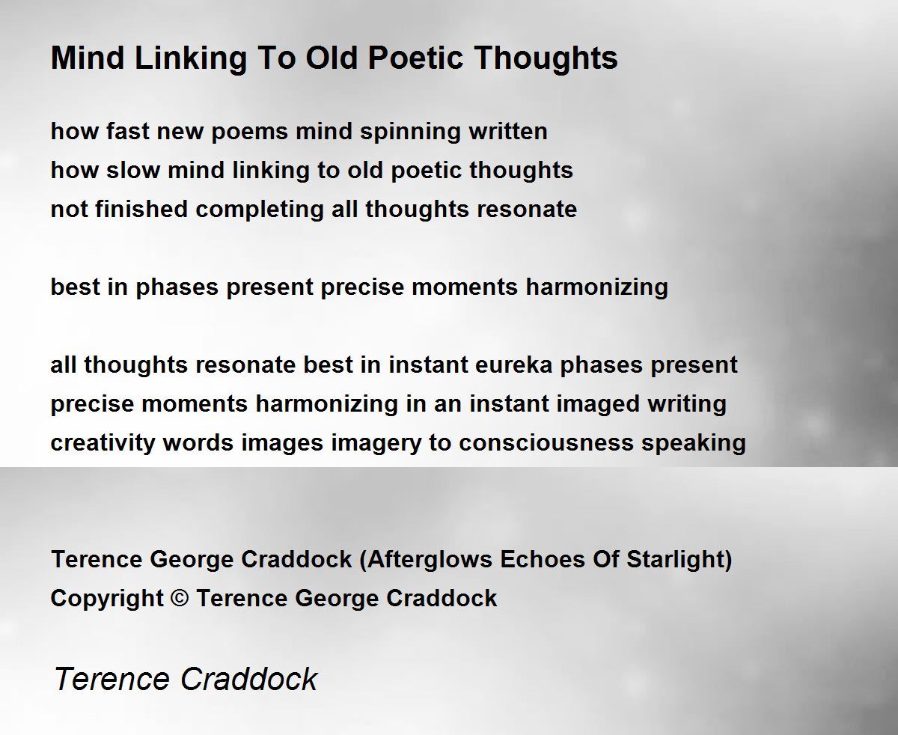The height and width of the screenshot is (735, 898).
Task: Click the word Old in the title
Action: coord(332,58)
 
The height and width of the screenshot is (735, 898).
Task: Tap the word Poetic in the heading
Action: coord(415,58)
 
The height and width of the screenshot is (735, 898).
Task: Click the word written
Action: coord(508,131)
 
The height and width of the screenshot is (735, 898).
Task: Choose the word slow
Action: coord(133,171)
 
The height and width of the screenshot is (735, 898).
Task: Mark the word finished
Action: coord(141,209)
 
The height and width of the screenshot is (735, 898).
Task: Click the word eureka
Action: coord(513,365)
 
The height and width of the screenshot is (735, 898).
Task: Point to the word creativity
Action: coord(103,444)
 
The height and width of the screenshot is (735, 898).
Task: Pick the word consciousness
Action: coord(546,443)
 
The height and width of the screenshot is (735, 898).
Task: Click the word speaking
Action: coord(694,444)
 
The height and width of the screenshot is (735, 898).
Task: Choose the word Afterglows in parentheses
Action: coord(429,559)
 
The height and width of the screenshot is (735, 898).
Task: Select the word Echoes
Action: coord(543,559)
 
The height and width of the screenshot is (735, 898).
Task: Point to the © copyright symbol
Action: coord(180,598)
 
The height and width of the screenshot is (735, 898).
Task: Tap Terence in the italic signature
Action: coord(112,679)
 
